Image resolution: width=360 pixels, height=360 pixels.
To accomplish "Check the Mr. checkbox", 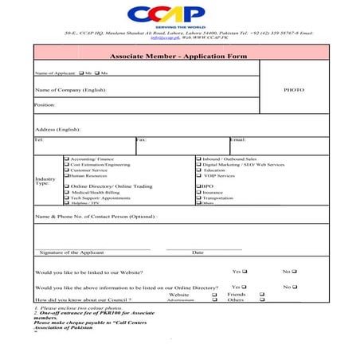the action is [82, 72].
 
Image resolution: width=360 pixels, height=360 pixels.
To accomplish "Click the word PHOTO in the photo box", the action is [294, 90].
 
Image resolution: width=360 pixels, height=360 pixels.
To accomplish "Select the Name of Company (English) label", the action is [70, 90].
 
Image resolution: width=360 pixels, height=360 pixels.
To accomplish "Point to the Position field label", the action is [45, 104].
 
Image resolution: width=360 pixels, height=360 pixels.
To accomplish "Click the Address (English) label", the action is [57, 129].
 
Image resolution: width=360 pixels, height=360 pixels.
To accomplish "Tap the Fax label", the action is [141, 139].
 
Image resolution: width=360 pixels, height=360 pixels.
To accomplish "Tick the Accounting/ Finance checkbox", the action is [66, 158].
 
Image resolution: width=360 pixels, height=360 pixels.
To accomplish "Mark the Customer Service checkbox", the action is [66, 170].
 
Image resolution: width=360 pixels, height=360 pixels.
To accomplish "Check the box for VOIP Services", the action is [198, 175].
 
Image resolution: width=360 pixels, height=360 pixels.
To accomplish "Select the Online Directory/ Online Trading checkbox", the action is [66, 186].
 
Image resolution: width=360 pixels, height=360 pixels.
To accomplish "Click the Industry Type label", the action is [45, 181].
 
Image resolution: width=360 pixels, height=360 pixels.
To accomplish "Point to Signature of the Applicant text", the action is [72, 252].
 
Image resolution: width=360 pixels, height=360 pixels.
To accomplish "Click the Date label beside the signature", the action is [198, 252].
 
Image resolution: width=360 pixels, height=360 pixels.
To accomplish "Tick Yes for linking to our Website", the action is [245, 272].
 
